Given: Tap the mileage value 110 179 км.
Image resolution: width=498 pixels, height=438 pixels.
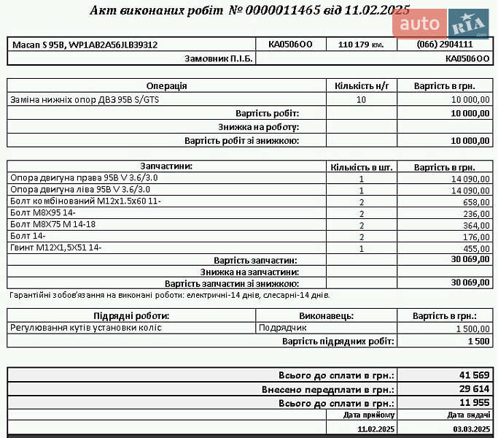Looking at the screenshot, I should (361, 45).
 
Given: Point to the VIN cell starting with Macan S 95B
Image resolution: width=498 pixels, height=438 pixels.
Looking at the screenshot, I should (85, 45).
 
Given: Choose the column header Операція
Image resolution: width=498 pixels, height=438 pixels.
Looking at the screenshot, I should (167, 85).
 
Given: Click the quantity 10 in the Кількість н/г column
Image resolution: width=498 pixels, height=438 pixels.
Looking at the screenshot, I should (361, 99).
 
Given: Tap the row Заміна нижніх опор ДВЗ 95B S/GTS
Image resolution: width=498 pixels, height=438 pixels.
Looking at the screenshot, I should (85, 99).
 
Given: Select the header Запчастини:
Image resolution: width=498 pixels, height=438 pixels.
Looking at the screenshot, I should (167, 166).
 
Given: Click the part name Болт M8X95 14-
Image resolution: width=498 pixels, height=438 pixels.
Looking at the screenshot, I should (44, 213).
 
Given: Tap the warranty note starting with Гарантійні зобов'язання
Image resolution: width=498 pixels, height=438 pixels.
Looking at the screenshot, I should (170, 295).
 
